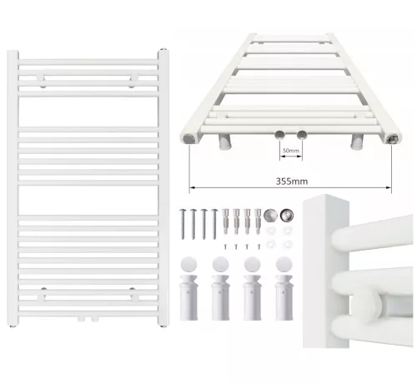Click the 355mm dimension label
coord(292,182)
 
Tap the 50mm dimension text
coord(291,151)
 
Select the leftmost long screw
coord(183,224)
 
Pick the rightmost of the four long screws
coord(214,224)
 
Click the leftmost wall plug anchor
coord(225,221)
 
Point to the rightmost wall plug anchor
coord(258,221)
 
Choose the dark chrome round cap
coord(287,216)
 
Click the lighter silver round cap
coord(270,216)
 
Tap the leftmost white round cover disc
coord(188,264)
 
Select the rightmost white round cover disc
coord(284,264)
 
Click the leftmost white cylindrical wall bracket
coord(188,297)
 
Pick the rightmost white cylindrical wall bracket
coord(284,297)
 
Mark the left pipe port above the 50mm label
coord(279,135)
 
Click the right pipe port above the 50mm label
coord(302,135)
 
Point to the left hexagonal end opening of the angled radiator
coord(188,138)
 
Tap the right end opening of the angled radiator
coord(394,138)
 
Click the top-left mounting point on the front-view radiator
coord(42,81)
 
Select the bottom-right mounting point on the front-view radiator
coord(133,295)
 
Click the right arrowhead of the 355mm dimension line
coord(389,188)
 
